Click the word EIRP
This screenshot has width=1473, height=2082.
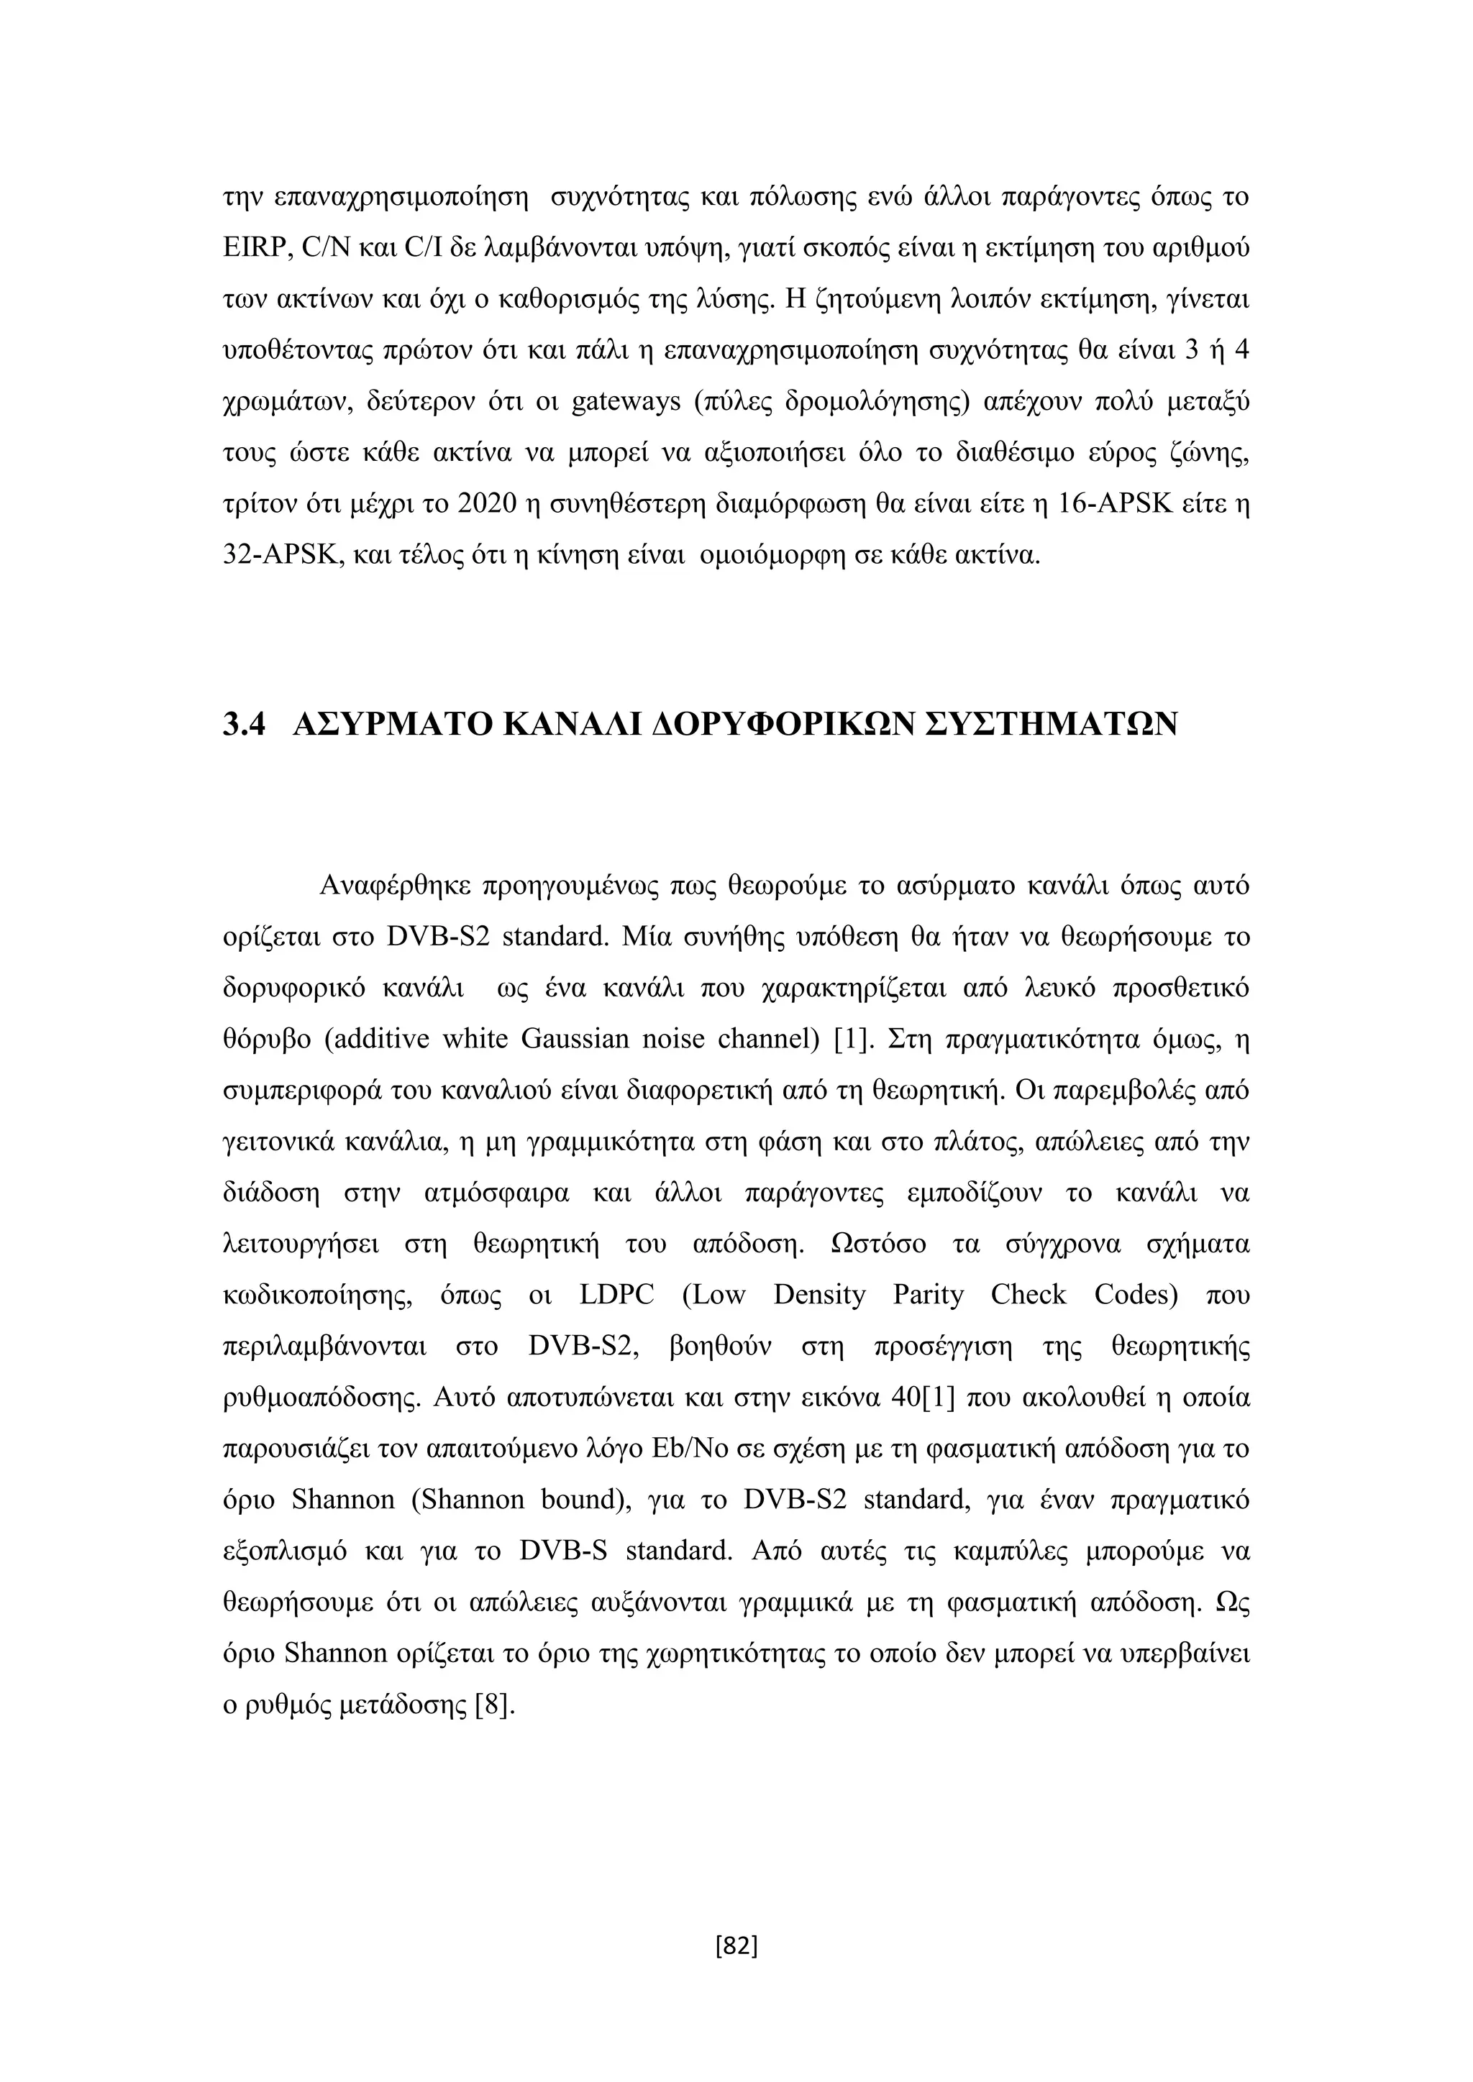(254, 247)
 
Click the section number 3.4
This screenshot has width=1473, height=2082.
(244, 724)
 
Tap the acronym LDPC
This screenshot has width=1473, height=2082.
(616, 1295)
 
